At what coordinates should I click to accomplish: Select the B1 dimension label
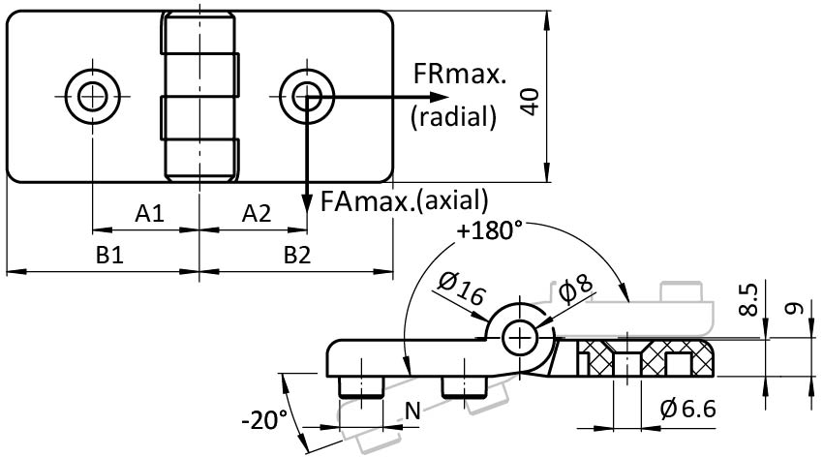coord(108,256)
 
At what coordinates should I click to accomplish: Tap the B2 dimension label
coord(297,256)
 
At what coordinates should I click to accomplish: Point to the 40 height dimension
coord(529,98)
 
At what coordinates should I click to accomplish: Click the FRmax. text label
coord(460,74)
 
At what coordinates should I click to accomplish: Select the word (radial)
coord(453,117)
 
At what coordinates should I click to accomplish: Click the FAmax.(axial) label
coord(404,199)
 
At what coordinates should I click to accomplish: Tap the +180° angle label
coord(491,231)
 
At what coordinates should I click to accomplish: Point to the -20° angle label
coord(264,420)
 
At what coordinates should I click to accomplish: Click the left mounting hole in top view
coord(94,95)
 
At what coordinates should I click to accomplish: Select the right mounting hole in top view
coord(307,95)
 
